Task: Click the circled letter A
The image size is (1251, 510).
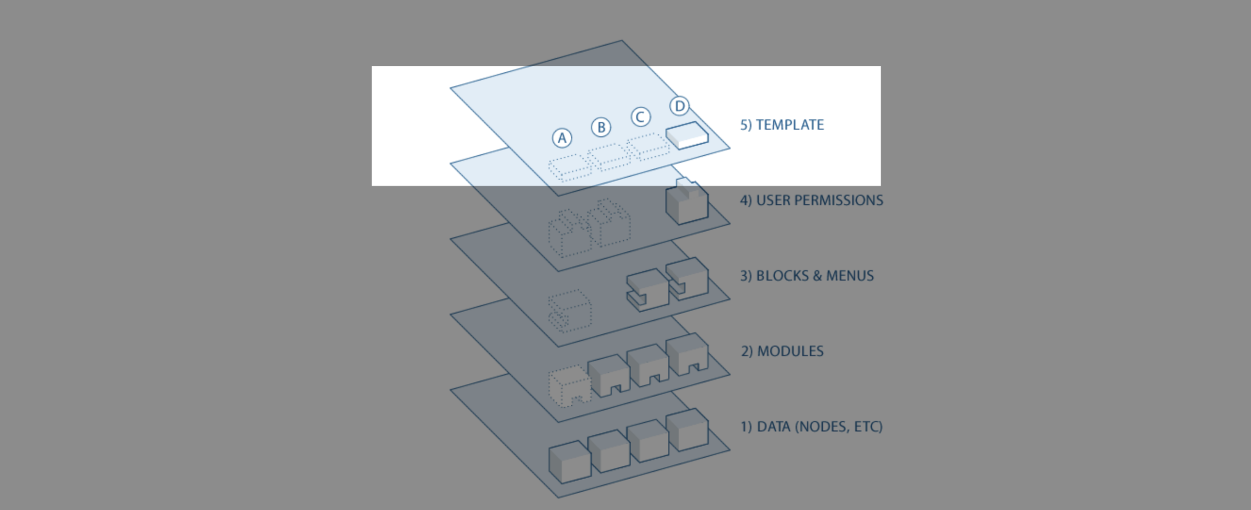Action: (562, 138)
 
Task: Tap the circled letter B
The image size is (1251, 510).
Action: (601, 128)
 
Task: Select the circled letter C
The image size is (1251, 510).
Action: (640, 117)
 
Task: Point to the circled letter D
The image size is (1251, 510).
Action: (679, 106)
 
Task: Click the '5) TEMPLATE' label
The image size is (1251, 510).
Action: (782, 125)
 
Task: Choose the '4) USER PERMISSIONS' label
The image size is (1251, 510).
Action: (811, 200)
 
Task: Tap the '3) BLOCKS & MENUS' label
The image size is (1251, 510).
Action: (807, 276)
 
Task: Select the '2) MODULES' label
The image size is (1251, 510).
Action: (782, 351)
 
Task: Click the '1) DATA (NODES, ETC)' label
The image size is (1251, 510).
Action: (811, 427)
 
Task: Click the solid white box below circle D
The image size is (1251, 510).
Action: (687, 135)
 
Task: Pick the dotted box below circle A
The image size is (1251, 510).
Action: (570, 167)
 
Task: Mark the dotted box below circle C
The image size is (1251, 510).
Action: (648, 146)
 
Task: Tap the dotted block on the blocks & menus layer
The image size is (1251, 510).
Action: (570, 311)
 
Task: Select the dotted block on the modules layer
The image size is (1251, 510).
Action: (569, 386)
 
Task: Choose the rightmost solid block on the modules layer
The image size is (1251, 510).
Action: (687, 354)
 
